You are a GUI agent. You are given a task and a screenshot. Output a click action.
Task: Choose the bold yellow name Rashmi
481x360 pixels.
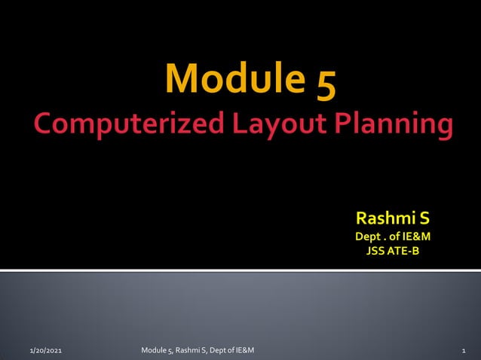(381, 220)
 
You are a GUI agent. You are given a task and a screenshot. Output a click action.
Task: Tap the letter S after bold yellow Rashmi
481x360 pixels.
(424, 220)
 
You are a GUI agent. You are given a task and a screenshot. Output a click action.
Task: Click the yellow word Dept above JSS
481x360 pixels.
(369, 237)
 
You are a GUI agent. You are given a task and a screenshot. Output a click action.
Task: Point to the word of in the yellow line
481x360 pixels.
(394, 237)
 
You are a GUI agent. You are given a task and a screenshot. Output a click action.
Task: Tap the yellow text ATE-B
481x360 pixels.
(404, 251)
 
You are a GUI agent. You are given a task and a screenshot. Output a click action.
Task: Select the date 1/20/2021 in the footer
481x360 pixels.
(46, 351)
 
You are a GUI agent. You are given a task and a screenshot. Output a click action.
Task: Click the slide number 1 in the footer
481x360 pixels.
(463, 351)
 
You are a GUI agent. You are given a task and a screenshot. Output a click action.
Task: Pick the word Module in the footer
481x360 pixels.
(155, 350)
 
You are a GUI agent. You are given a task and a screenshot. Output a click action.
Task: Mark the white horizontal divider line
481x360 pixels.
(240, 270)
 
